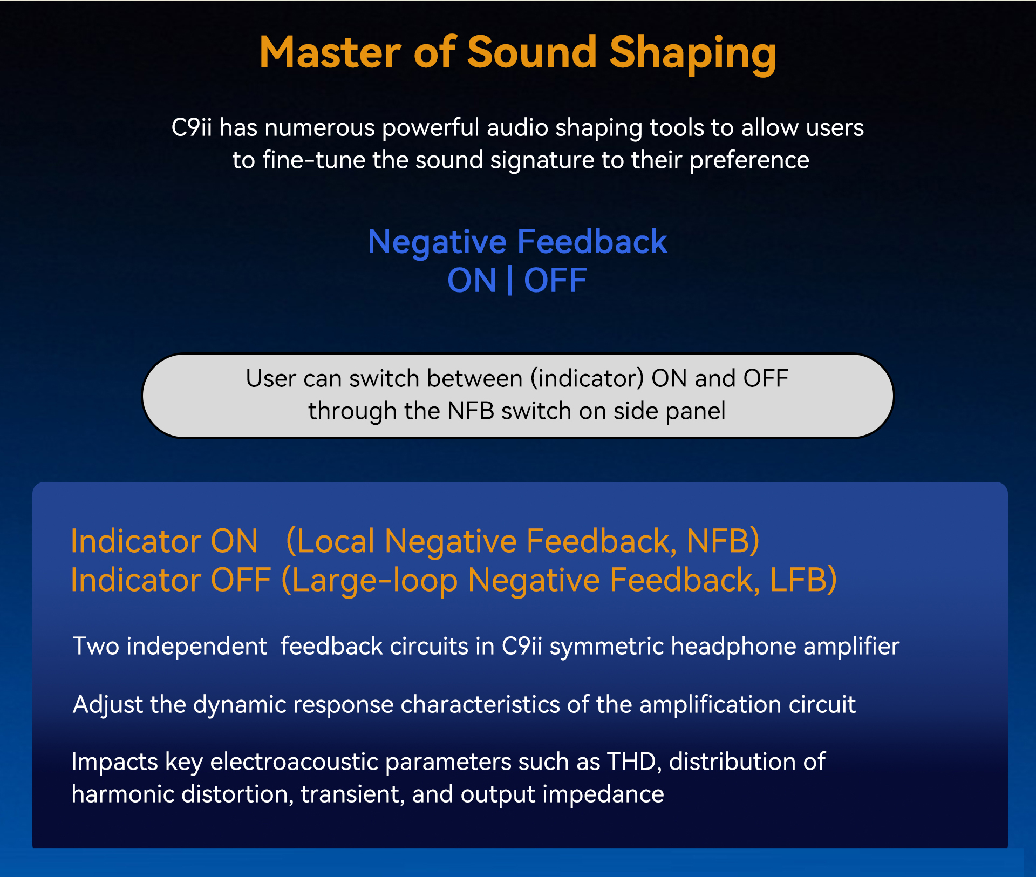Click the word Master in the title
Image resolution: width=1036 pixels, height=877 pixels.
coord(330,52)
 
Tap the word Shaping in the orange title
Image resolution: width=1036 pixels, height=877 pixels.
coord(693,55)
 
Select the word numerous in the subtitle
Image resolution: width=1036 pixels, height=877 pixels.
coord(319,128)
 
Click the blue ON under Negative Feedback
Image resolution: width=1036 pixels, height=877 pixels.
coord(472,281)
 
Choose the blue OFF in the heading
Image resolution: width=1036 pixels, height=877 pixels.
coord(555,281)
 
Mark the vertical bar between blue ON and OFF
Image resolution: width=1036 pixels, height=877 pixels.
coord(510,281)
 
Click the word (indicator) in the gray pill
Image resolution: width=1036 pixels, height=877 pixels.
coord(587,379)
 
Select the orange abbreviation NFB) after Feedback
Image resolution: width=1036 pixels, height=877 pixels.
coord(723,541)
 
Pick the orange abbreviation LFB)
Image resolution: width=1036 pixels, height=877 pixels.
coord(803,580)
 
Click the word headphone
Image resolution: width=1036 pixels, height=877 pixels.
coord(734,647)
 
